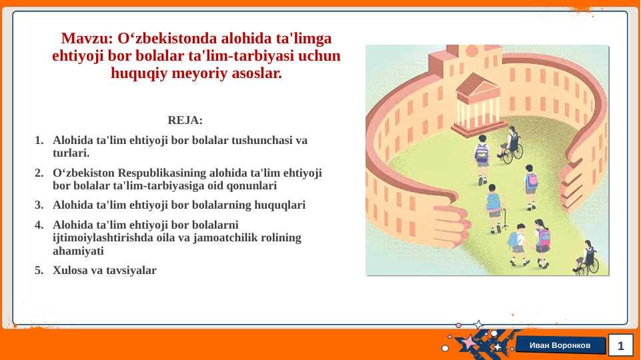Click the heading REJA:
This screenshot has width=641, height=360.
[185, 120]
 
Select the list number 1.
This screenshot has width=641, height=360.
[39, 141]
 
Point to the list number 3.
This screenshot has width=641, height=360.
[39, 205]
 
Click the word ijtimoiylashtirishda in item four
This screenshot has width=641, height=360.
[103, 238]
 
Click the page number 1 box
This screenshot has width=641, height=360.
[620, 346]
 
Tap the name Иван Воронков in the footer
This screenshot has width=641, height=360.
[560, 346]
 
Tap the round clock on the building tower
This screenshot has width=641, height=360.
[472, 51]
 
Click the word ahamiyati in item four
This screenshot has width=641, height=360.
[78, 251]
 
